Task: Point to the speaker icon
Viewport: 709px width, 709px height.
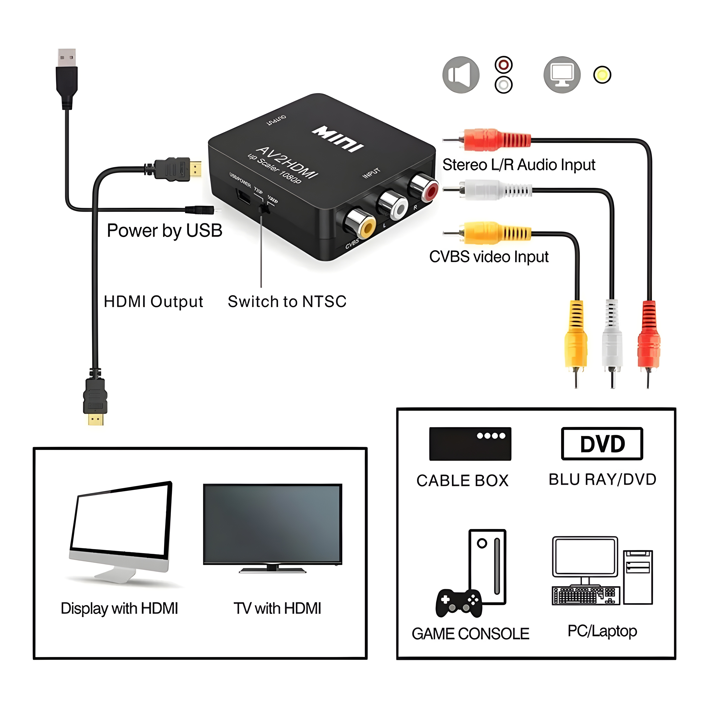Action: point(461,75)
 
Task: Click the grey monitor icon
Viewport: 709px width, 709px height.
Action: point(562,75)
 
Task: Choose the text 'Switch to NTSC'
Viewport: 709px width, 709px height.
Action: point(287,302)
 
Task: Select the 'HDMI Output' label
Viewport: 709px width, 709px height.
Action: point(153,302)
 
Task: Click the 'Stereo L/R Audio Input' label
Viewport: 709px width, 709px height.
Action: point(519,165)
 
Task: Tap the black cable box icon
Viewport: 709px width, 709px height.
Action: point(470,444)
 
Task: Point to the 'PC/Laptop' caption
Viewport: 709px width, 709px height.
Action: point(602,631)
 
